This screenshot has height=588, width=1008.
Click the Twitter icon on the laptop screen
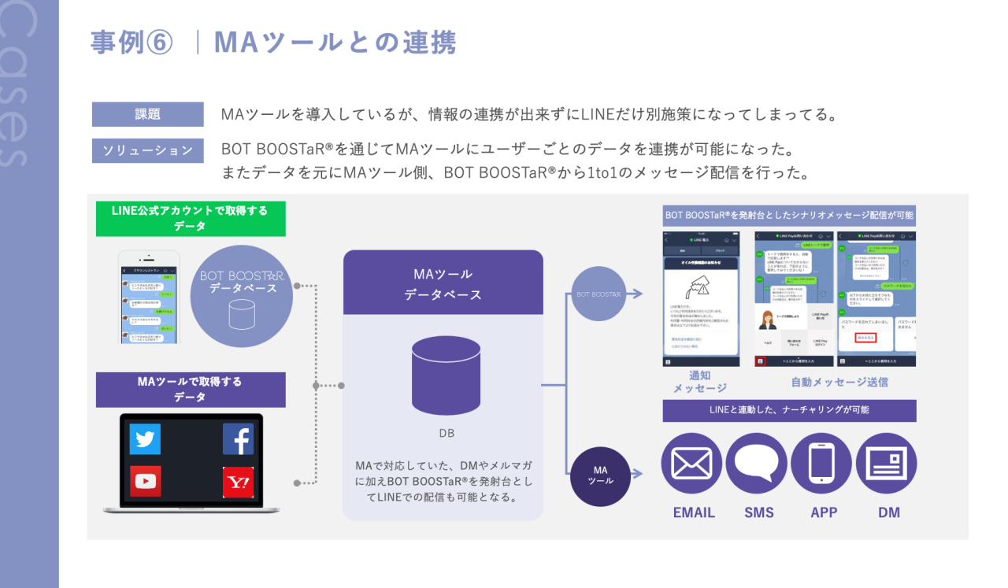tap(145, 439)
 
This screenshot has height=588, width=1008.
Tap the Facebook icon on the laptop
tap(238, 439)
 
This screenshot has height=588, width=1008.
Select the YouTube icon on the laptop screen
tap(145, 481)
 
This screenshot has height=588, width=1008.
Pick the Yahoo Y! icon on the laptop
tap(238, 481)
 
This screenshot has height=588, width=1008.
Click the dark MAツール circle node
tap(601, 475)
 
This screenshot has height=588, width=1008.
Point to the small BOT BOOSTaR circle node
tap(598, 294)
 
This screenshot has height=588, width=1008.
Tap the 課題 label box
tap(147, 114)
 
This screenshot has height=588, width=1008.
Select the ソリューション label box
tap(147, 150)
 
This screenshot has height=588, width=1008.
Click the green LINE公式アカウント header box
tap(191, 219)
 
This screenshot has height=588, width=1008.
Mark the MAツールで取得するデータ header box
tap(191, 390)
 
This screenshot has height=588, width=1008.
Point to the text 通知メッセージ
tap(699, 382)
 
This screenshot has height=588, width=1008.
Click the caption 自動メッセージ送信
tap(839, 382)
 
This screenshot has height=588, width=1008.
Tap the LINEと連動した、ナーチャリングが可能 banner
tap(789, 410)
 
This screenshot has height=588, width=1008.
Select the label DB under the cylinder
tap(447, 433)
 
